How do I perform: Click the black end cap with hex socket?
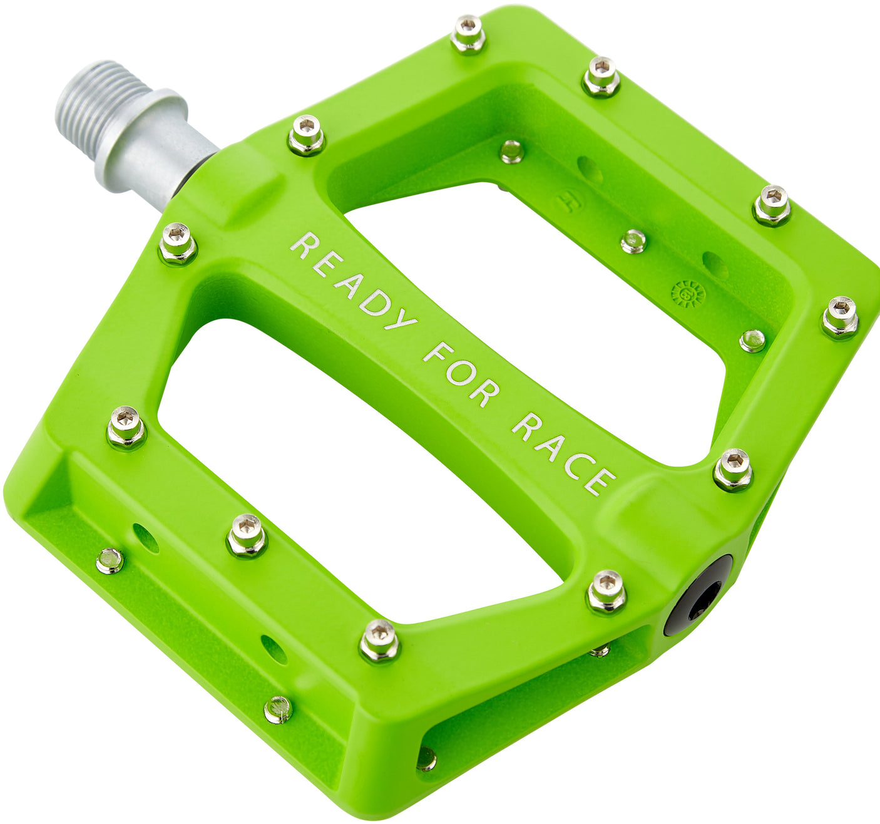[698, 595]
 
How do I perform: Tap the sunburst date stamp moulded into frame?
[688, 293]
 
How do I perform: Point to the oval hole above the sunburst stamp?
[715, 265]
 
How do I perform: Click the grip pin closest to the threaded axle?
[306, 135]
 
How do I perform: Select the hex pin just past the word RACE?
[732, 469]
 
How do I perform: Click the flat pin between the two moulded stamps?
[633, 241]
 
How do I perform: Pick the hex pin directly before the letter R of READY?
[178, 243]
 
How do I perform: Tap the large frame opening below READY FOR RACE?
[350, 476]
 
